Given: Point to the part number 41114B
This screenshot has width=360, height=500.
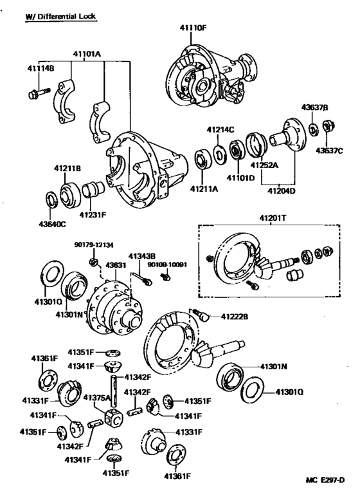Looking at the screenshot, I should point(40,68).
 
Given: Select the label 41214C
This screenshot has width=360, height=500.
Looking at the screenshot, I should point(221,129).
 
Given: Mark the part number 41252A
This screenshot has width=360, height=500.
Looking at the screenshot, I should point(264,165).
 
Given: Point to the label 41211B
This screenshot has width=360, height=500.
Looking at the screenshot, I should point(67,169).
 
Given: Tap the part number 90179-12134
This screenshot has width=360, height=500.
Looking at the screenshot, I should point(93,245).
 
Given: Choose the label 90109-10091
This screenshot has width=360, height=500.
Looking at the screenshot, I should point(167,264).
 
